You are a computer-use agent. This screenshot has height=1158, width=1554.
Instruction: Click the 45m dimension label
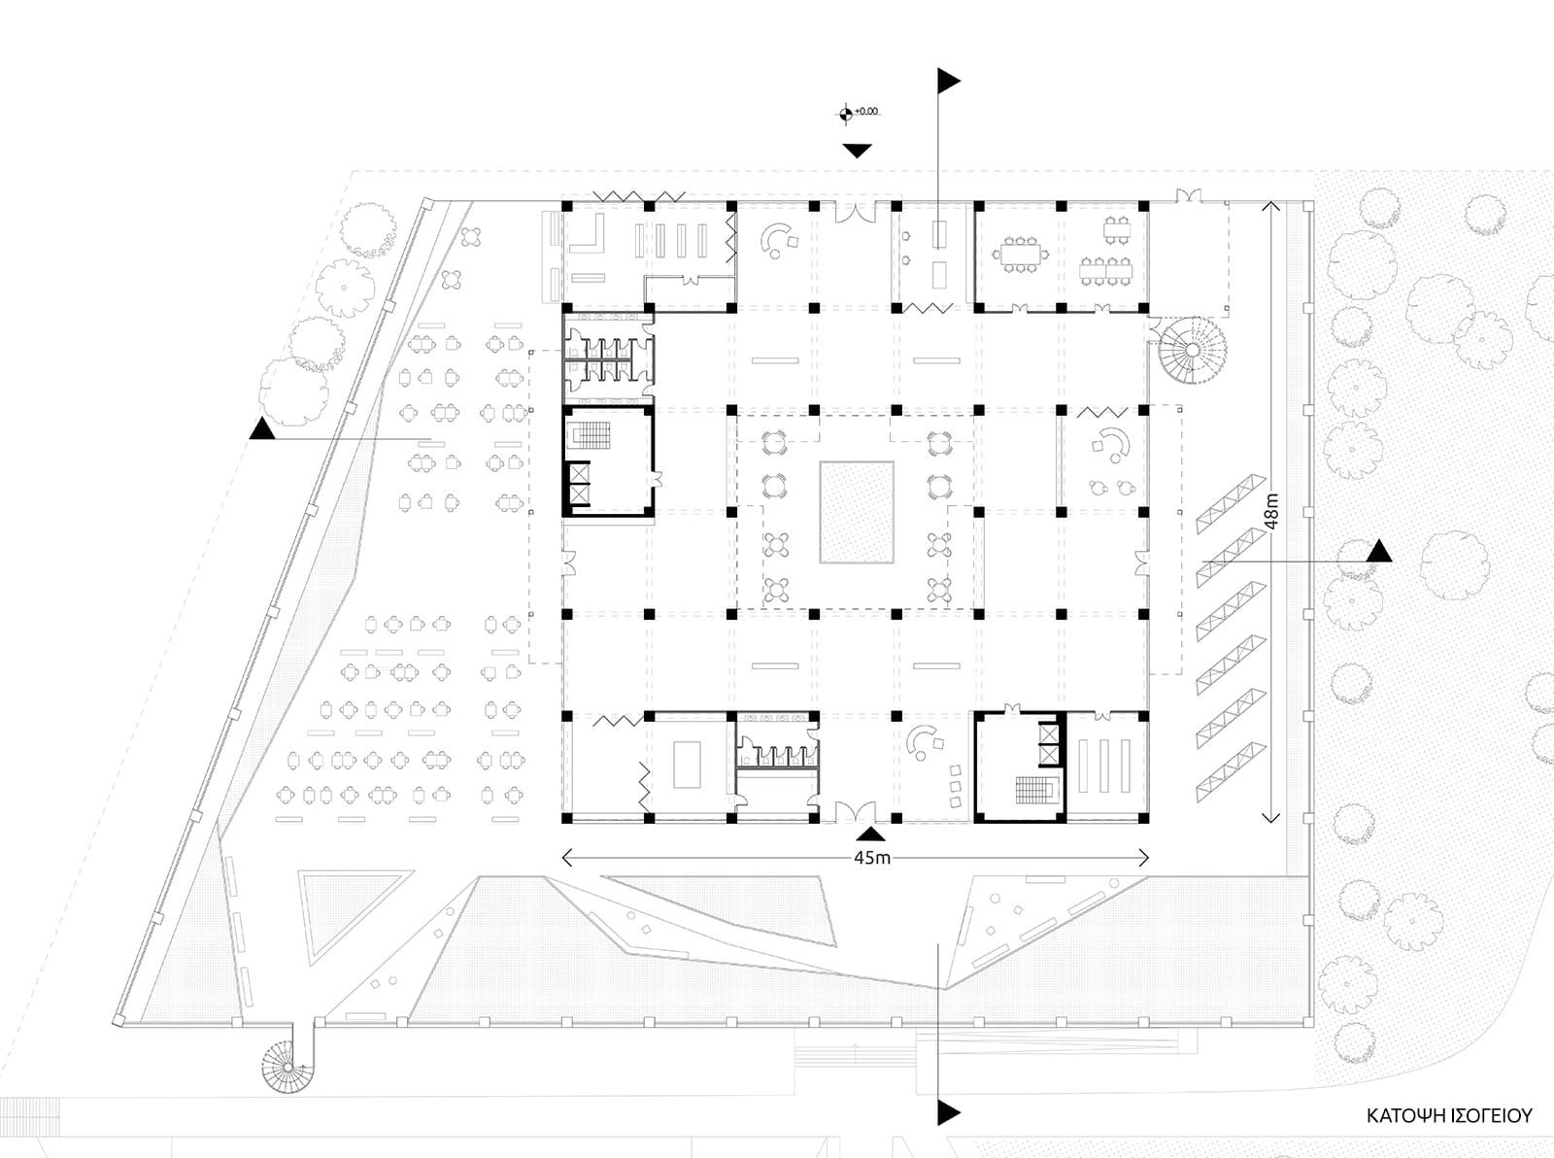coord(871,858)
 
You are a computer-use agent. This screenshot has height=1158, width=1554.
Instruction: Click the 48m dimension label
coord(1271,511)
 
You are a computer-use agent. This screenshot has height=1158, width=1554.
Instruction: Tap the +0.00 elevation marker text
coord(866,112)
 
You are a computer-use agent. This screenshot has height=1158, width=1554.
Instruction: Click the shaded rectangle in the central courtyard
coord(857,512)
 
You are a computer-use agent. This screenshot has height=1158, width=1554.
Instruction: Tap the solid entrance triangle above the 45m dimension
coord(870,834)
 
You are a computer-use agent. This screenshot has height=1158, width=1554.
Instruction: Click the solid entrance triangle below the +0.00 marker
coord(857,151)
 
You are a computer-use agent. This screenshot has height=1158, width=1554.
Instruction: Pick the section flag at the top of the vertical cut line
coord(949,82)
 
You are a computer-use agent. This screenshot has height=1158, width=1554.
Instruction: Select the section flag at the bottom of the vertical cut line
coord(949,1112)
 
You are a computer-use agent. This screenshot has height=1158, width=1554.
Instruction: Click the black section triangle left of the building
coord(262,428)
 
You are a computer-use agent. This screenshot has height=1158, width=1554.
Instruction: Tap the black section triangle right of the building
coord(1379,550)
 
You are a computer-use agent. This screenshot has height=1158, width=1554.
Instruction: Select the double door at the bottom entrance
coord(855,812)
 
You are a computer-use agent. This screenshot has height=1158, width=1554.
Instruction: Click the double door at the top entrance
coord(855,213)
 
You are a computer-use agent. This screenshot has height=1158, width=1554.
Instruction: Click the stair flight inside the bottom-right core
coord(1034,789)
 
